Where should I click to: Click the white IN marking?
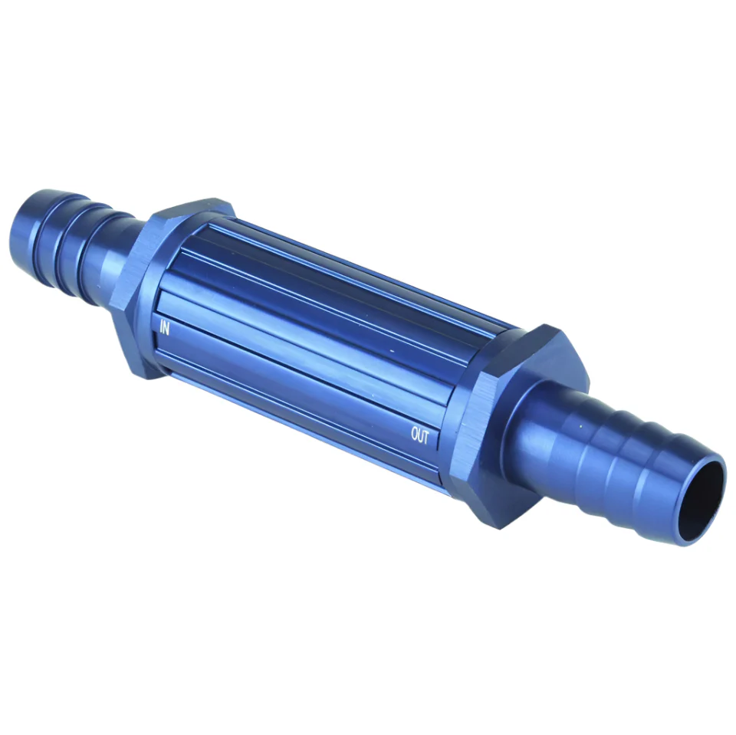click(x=164, y=328)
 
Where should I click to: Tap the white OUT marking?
click(x=419, y=435)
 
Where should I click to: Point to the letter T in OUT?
click(x=426, y=438)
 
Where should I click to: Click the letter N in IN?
click(x=166, y=329)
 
